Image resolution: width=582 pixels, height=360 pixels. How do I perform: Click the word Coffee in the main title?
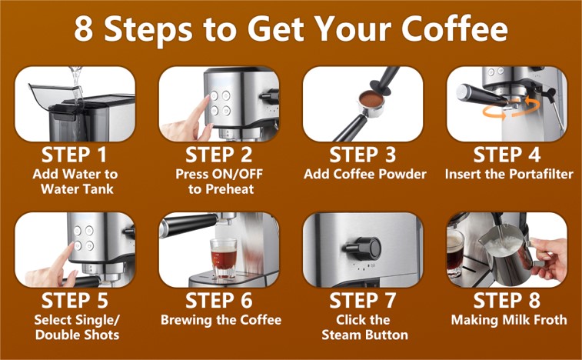(454, 28)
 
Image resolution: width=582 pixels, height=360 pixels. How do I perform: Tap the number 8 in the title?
(84, 29)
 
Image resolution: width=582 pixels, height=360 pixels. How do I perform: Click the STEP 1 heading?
(75, 155)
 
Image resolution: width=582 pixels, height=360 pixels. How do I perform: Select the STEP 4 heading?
(507, 155)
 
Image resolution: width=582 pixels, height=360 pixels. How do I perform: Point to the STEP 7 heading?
(363, 301)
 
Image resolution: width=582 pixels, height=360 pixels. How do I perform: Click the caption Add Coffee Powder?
(365, 174)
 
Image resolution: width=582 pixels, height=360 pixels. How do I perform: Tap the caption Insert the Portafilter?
(509, 174)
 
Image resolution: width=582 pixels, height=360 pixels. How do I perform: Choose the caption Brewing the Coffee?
(221, 319)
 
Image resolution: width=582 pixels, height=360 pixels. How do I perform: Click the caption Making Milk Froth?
(509, 319)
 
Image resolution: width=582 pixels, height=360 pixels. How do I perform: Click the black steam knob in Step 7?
(364, 248)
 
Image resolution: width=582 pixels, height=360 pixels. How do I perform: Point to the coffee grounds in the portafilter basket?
(371, 98)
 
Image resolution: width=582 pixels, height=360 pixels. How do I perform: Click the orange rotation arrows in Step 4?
(510, 108)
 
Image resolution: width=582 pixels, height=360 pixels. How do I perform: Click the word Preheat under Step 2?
(231, 189)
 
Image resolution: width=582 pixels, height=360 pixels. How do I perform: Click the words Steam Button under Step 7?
(365, 335)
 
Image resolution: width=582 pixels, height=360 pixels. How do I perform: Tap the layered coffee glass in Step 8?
(455, 252)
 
